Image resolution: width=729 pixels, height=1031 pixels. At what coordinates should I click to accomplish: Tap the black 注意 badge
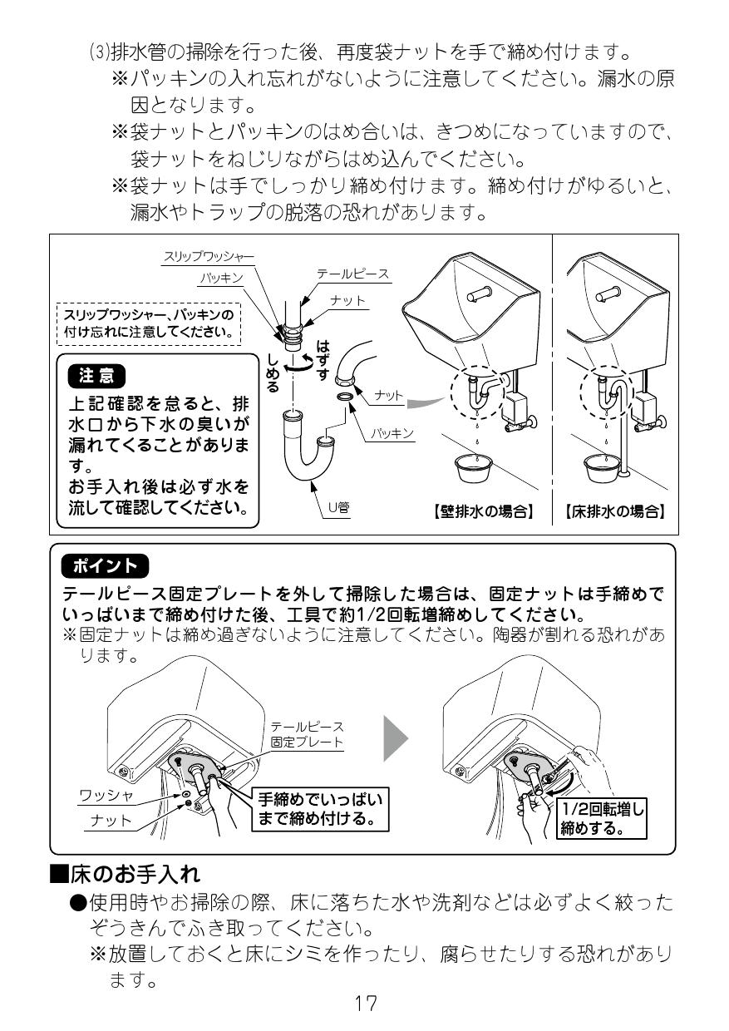point(96,376)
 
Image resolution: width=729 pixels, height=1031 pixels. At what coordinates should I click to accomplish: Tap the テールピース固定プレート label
point(307,734)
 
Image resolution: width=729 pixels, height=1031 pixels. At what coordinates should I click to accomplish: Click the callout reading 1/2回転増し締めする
point(603,818)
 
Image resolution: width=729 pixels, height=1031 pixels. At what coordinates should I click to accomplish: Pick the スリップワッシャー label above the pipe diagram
point(208,258)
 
